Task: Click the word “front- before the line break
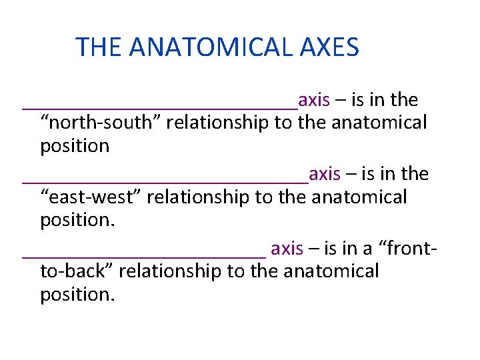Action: coord(408,249)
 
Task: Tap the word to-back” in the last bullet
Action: coord(77,271)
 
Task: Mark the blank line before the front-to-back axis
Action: coord(144,254)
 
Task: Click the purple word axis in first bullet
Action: coord(314,101)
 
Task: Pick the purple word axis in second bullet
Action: coord(325,175)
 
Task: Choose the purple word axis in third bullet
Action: coord(287,249)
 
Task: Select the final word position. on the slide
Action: coord(77,295)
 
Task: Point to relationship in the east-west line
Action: coord(199,197)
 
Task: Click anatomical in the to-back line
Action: coord(331,271)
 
